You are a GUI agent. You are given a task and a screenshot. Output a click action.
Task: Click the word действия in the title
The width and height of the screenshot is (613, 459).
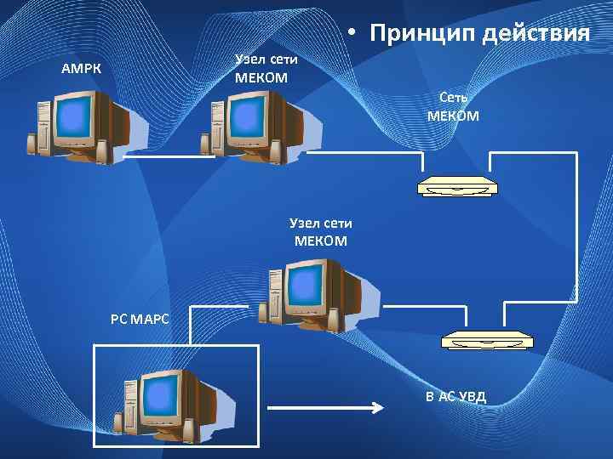click(x=536, y=33)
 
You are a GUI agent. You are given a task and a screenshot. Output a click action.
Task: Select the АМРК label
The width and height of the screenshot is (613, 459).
click(x=81, y=68)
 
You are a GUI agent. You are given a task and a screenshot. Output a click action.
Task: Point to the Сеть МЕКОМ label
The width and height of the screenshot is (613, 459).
click(x=453, y=106)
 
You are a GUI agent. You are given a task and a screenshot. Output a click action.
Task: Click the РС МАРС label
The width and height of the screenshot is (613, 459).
click(x=140, y=320)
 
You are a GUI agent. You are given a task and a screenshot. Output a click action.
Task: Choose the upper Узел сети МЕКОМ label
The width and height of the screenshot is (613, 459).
click(x=266, y=68)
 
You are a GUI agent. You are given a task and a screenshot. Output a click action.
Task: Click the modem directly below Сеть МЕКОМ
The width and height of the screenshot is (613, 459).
click(x=457, y=186)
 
